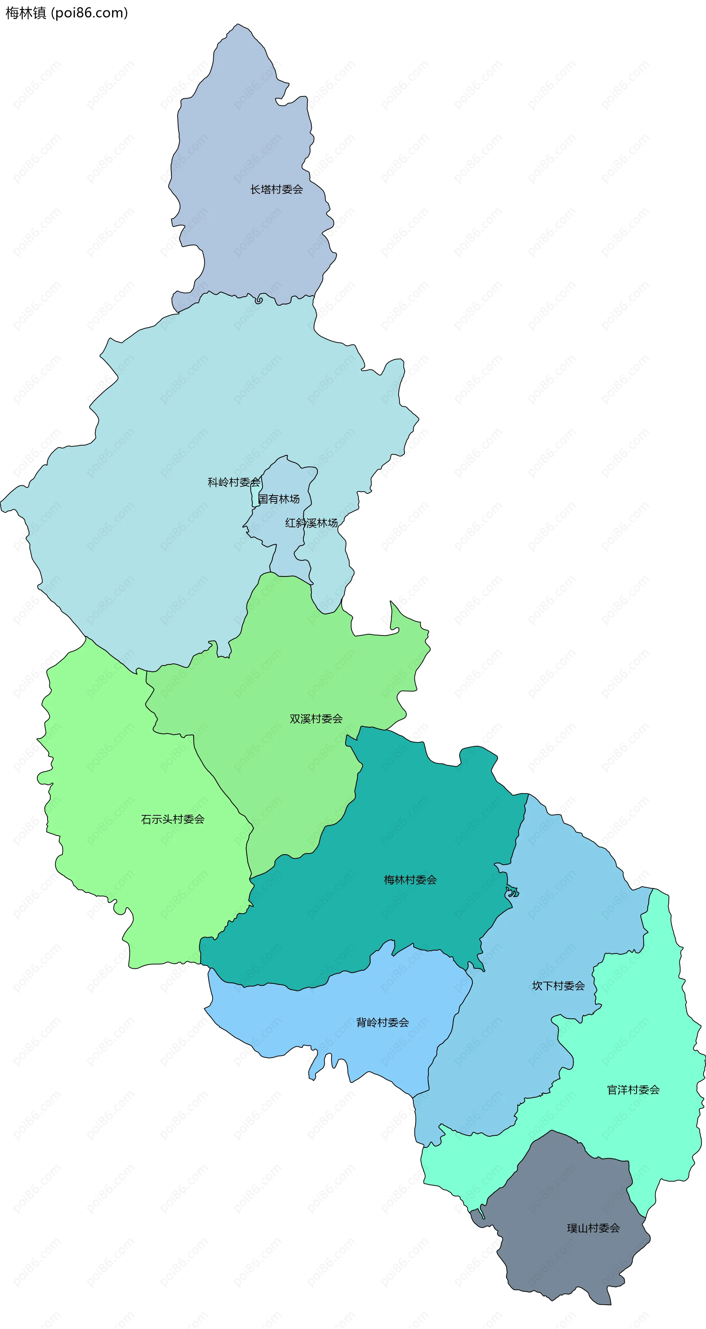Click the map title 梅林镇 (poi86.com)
coord(67,13)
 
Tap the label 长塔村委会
coord(277,190)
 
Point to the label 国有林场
coord(279,499)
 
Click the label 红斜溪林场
coord(311,523)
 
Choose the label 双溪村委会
coord(316,719)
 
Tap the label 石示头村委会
coord(173,819)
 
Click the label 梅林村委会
coord(410,880)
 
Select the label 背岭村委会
coord(383,1023)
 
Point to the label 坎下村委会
coord(559,986)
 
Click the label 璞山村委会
coord(593,1229)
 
